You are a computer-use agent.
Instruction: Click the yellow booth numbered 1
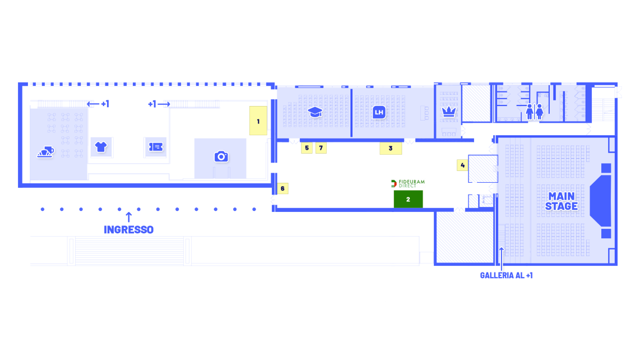pyautogui.click(x=258, y=121)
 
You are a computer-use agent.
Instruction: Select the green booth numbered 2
pyautogui.click(x=408, y=200)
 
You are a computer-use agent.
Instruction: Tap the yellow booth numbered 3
pyautogui.click(x=391, y=149)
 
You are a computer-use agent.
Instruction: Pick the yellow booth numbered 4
pyautogui.click(x=462, y=165)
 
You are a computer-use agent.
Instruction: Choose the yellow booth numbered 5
pyautogui.click(x=307, y=148)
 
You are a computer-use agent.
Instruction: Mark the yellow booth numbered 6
pyautogui.click(x=282, y=188)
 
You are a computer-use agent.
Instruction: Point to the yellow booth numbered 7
pyautogui.click(x=321, y=148)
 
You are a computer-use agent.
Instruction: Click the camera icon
pyautogui.click(x=221, y=156)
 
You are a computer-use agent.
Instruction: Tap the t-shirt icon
pyautogui.click(x=101, y=147)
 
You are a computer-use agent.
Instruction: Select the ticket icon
pyautogui.click(x=155, y=147)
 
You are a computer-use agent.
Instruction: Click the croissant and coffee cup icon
pyautogui.click(x=46, y=152)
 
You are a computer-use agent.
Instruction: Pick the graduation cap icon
pyautogui.click(x=315, y=112)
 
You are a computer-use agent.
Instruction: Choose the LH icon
pyautogui.click(x=379, y=112)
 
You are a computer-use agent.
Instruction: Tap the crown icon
pyautogui.click(x=448, y=112)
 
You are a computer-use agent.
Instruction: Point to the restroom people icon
pyautogui.click(x=534, y=111)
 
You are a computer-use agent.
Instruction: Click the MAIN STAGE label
pyautogui.click(x=562, y=201)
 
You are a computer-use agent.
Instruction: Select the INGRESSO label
pyautogui.click(x=128, y=230)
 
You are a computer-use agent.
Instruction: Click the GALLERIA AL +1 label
pyautogui.click(x=506, y=275)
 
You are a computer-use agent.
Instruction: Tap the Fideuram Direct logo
pyautogui.click(x=408, y=183)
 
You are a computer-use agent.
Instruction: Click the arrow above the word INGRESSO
pyautogui.click(x=129, y=217)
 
